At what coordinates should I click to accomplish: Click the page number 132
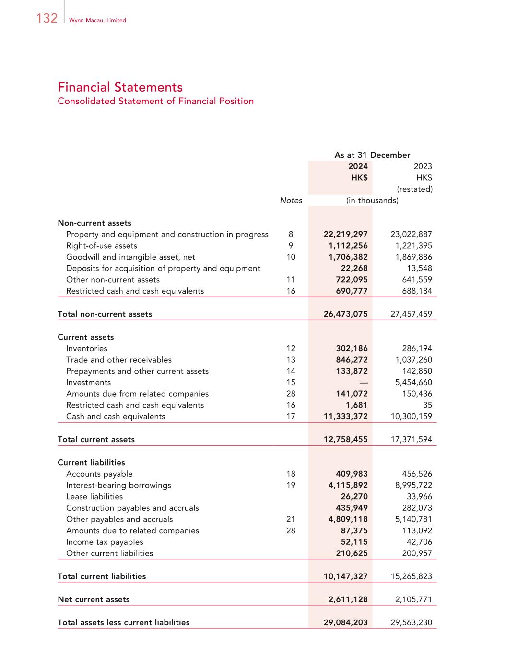pos(47,18)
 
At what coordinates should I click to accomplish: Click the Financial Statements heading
pos(120,87)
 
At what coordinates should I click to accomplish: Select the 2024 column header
pos(358,166)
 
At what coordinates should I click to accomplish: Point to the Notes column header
pos(291,201)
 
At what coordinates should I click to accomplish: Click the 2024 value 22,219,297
pos(346,234)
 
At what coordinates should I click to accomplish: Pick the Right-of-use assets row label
pos(102,246)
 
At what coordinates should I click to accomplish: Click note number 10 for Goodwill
pos(291,257)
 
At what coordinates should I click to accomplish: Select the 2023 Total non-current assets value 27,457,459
pos(412,314)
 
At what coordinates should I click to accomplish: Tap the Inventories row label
pos(87,349)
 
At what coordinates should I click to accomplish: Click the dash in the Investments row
pos(364,383)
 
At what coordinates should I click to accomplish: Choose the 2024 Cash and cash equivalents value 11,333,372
pos(346,417)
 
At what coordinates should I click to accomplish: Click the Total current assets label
pos(96,440)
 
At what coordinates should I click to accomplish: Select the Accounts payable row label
pos(99,474)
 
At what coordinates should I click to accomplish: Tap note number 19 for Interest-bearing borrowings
pos(291,485)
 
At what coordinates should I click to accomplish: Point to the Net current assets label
pos(94,600)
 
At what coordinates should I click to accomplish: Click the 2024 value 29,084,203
pos(346,623)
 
